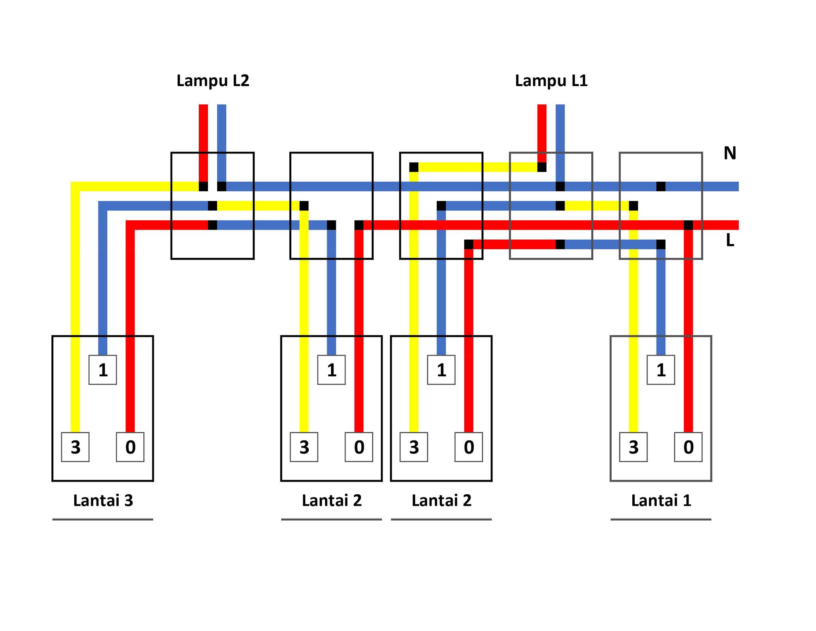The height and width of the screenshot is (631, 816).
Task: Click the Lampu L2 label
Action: coord(213,81)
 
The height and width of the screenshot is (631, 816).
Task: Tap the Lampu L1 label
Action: coord(551,81)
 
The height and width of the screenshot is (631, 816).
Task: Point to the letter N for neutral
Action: coord(730,153)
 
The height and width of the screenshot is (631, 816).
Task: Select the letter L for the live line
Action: coord(730,240)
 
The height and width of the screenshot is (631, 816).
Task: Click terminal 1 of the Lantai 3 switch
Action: coord(103,370)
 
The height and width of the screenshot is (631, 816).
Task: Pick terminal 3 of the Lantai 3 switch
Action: coord(75,447)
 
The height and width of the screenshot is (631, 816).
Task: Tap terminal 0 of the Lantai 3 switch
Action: coord(130,447)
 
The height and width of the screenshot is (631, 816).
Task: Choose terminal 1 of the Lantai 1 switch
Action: coord(661,370)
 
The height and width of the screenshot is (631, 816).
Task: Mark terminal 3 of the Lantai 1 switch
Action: coord(634,447)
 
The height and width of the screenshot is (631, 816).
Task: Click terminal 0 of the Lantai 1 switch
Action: coord(688,447)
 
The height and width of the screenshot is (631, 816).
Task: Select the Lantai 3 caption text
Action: coord(103,500)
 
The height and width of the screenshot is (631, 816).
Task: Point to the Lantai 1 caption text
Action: coord(661,500)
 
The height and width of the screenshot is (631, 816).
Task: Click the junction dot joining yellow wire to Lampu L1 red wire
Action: coord(542,167)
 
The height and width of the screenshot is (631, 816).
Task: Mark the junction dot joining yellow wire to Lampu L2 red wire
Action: coord(203,186)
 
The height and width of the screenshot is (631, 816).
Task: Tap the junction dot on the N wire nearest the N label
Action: coord(661,186)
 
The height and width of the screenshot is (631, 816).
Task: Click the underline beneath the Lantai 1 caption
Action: coord(661,519)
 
